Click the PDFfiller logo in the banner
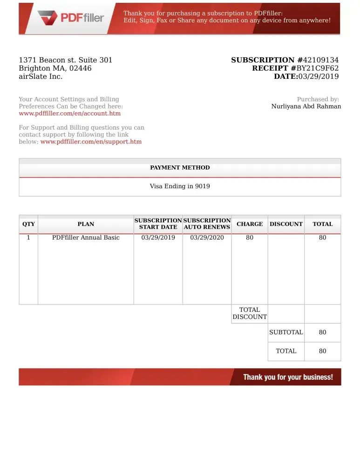point(71,19)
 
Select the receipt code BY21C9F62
point(318,68)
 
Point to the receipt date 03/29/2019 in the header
point(319,76)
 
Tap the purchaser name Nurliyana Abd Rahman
point(306,106)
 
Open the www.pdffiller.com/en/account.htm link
point(69,113)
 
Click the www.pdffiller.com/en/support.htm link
point(91,142)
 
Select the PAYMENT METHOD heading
point(180,168)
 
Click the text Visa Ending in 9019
point(180,186)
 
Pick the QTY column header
point(28,224)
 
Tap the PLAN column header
point(86,224)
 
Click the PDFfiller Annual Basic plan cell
point(86,238)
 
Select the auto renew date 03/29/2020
point(207,238)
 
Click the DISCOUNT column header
point(286,224)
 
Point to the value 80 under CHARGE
point(250,238)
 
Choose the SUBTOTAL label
point(286,332)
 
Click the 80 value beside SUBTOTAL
point(322,332)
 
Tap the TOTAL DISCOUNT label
point(250,313)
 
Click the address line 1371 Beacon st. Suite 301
point(65,60)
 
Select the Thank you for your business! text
point(288,377)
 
